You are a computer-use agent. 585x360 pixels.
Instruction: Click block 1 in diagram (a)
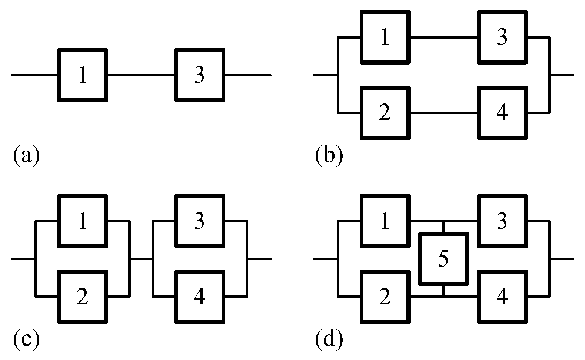pos(83,75)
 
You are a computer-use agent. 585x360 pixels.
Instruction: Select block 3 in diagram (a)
pos(200,75)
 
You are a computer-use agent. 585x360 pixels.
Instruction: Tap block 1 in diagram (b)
pos(385,37)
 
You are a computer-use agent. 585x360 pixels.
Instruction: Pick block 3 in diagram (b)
pos(502,37)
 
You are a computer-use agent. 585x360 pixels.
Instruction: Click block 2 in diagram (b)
pos(385,112)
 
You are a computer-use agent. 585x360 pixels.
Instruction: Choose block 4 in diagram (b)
pos(502,112)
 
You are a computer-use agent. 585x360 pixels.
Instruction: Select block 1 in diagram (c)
pos(83,221)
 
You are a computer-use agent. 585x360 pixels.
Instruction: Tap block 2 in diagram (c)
pos(83,296)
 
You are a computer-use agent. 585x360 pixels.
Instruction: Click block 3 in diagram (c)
pos(200,221)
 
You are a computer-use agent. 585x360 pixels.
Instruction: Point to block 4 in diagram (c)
pos(200,296)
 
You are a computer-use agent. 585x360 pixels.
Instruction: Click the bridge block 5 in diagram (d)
pos(443,258)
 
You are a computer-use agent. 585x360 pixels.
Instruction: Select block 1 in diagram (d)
pos(385,221)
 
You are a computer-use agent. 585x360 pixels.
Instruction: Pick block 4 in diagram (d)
pos(502,296)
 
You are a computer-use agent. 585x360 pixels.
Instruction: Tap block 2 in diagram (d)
pos(385,296)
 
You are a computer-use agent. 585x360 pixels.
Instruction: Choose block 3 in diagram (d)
pos(502,221)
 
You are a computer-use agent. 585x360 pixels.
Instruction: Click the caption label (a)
pos(26,156)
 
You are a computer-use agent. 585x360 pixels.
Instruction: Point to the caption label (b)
pos(329,156)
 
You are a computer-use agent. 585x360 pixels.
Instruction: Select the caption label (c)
pos(26,340)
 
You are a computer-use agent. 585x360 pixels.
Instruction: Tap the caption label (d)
pos(329,340)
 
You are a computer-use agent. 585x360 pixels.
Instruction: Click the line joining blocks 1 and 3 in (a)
pos(141,75)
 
